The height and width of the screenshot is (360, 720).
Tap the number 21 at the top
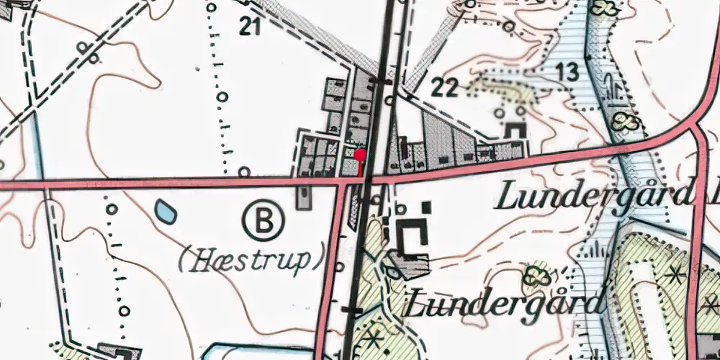(x=249, y=27)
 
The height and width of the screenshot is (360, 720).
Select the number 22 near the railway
(x=444, y=89)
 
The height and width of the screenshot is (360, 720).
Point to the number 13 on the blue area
(x=567, y=72)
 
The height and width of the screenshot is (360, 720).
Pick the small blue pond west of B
(x=166, y=210)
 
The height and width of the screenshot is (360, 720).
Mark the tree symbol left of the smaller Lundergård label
(x=535, y=275)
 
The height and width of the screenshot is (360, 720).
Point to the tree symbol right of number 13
(x=624, y=121)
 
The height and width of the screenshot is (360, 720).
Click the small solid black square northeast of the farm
(x=427, y=207)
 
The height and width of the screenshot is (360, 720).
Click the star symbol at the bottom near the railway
(x=373, y=336)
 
